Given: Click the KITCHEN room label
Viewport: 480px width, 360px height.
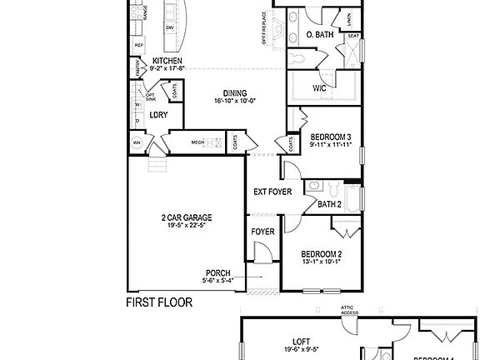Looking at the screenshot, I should point(167,61).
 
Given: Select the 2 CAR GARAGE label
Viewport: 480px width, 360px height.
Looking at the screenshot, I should point(186,217).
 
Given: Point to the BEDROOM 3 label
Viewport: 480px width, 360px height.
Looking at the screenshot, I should point(331,137).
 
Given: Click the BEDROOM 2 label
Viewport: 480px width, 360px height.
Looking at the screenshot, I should point(322,254).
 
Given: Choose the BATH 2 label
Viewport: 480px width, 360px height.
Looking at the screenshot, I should point(330,204).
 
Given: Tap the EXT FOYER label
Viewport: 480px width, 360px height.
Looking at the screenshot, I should point(272,192).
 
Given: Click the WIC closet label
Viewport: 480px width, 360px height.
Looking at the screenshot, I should point(319,87).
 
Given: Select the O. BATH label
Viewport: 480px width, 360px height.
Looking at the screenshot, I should point(321,35).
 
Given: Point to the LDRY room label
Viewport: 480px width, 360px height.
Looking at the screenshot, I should point(159,115).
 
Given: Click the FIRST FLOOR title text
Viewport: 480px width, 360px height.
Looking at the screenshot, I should point(158,302).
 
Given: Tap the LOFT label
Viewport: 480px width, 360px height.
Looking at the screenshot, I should point(301,341).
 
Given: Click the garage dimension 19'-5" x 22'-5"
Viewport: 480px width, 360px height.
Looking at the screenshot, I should point(186,226).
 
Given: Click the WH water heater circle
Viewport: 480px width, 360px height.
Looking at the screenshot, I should point(137,142).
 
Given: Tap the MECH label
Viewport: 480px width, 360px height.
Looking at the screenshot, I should point(197,142).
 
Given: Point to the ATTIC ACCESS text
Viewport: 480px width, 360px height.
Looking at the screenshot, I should point(348,309).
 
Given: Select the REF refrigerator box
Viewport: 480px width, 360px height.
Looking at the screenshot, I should point(138,45).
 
